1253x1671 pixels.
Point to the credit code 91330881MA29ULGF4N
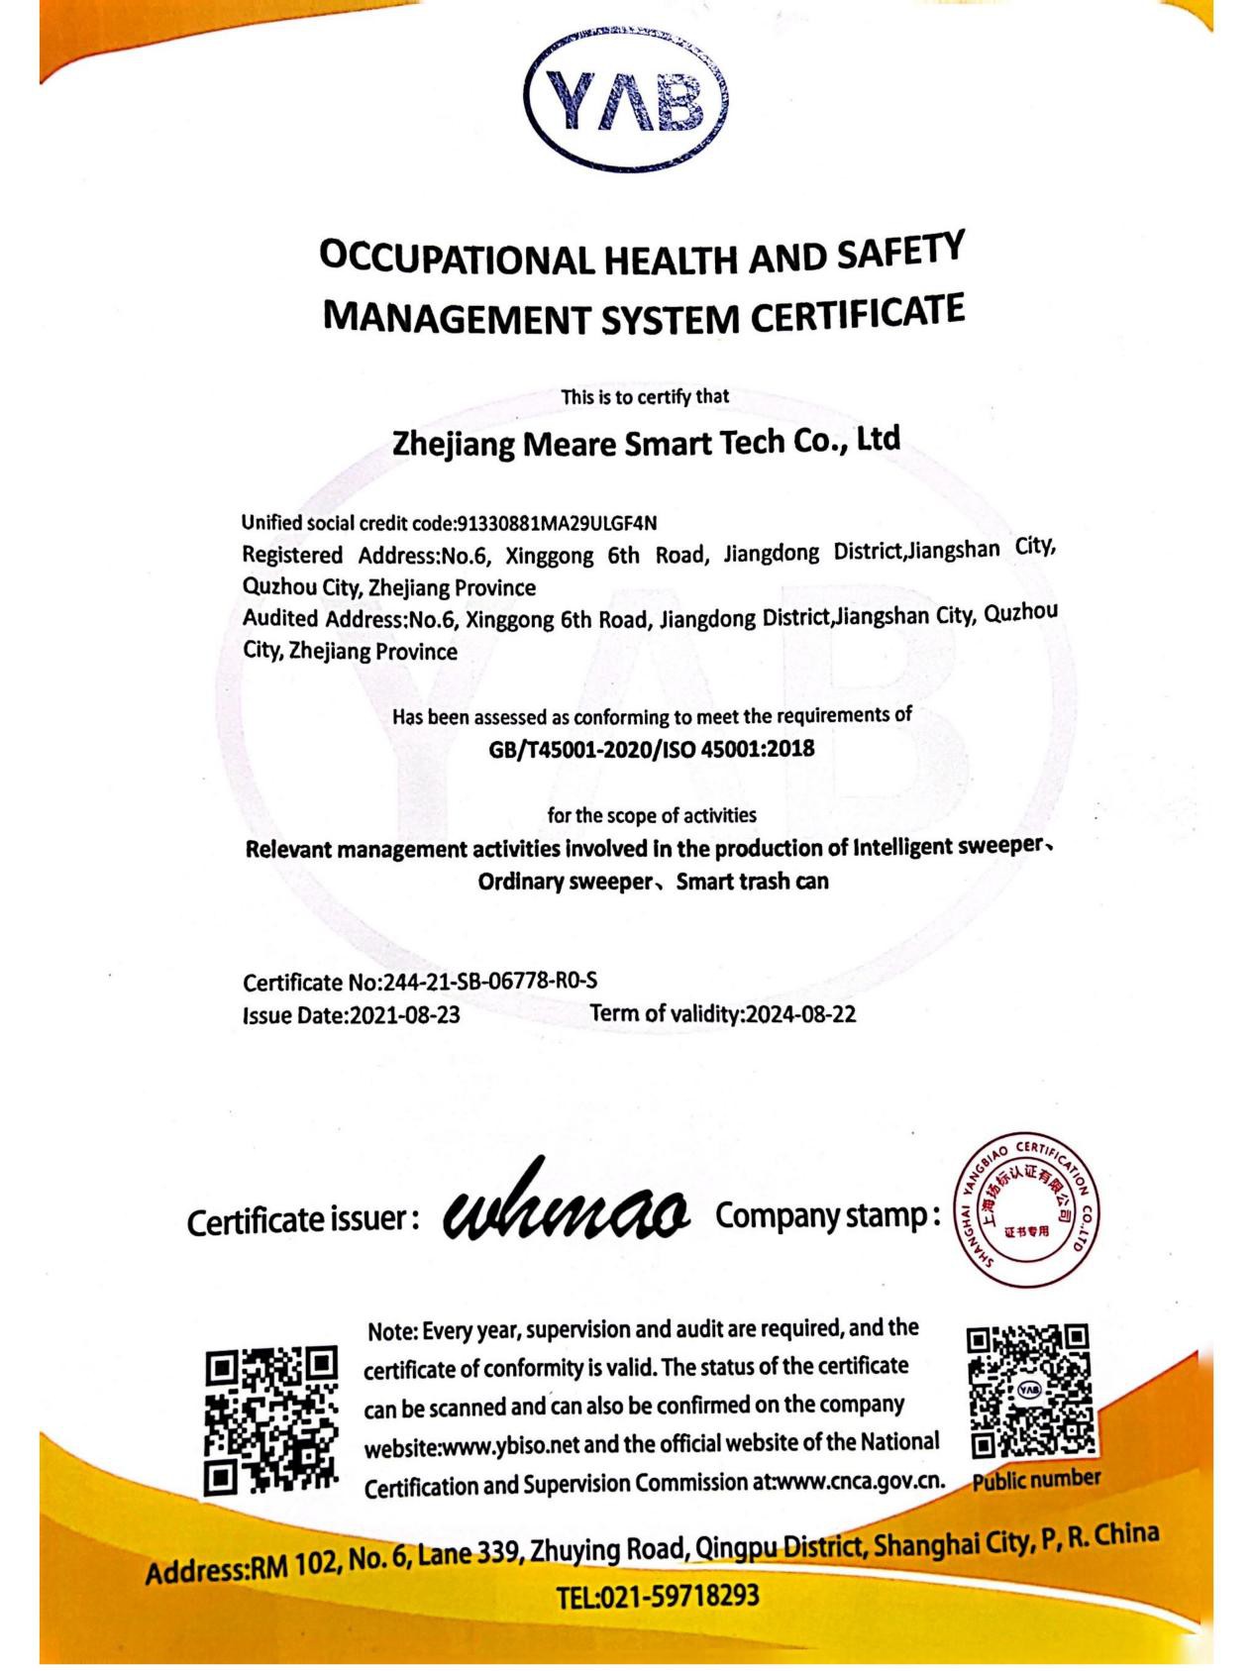point(556,522)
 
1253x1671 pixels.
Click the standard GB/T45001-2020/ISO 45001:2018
point(651,749)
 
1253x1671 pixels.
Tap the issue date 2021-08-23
point(406,1015)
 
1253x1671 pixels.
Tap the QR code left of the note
point(271,1419)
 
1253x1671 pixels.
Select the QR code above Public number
point(1029,1391)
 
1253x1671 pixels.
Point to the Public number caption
point(1035,1480)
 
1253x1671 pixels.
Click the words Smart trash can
point(752,881)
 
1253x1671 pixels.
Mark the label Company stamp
point(827,1215)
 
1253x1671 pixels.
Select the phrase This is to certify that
point(645,397)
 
